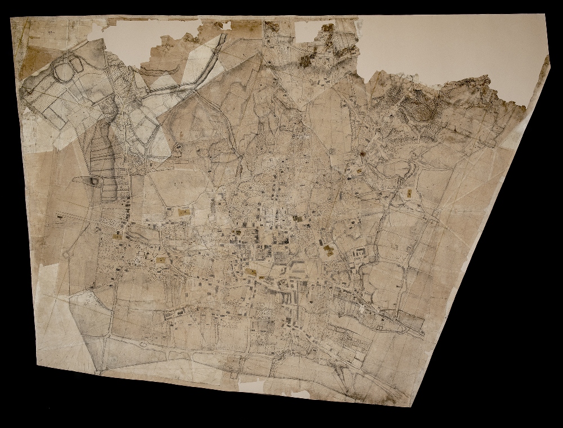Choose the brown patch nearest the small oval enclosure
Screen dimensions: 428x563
tap(183, 212)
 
